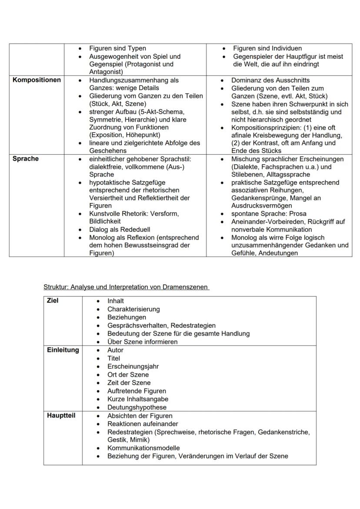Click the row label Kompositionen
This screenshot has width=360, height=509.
tap(37, 80)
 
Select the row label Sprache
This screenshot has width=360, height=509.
tap(26, 159)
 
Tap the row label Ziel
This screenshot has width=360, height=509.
tap(53, 300)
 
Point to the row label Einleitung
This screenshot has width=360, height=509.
tap(63, 350)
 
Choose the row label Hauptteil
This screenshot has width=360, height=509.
tap(61, 416)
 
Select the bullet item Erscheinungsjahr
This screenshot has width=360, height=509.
tap(133, 366)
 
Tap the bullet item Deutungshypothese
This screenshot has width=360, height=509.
tap(137, 407)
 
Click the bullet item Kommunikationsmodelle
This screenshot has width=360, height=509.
tap(143, 448)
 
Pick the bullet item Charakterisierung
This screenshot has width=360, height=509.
tap(133, 309)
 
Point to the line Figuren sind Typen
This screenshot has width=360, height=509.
tap(117, 48)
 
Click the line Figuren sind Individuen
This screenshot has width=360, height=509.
tap(267, 48)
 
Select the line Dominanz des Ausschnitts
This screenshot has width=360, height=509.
tap(270, 80)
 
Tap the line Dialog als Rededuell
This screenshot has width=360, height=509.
tap(120, 230)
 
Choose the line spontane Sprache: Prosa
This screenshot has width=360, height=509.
tap(269, 213)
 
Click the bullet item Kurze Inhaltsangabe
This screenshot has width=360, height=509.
tap(138, 399)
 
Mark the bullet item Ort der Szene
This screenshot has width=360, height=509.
tap(128, 375)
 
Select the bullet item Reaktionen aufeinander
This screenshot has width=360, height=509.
tap(143, 424)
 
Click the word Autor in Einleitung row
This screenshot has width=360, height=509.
tap(115, 350)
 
